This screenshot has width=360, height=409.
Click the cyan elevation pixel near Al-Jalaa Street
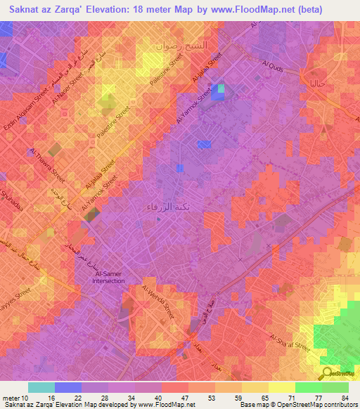pyautogui.click(x=221, y=89)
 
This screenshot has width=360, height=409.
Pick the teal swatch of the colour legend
pyautogui.click(x=41, y=387)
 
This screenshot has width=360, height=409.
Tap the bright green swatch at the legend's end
pyautogui.click(x=335, y=387)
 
